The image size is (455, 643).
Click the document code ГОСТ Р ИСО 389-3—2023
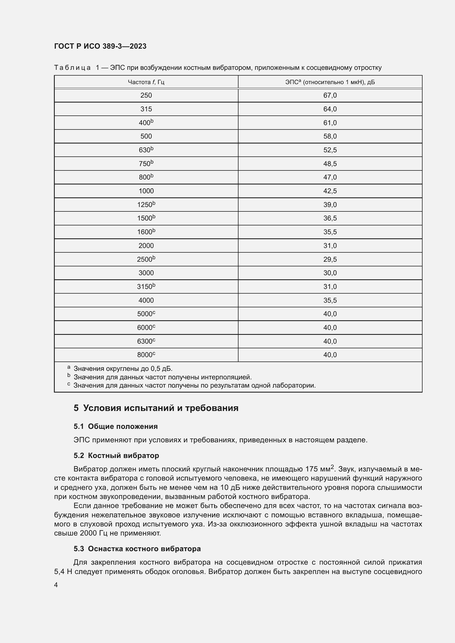point(100,46)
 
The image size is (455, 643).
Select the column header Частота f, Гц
point(146,82)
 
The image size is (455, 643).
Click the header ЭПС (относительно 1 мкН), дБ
point(330,82)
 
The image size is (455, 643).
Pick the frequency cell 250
point(146,95)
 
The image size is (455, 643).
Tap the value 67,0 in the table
point(330,95)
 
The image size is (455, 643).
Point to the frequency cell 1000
point(146,191)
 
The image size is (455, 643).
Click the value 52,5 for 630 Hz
point(330,150)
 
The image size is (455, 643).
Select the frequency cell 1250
point(146,205)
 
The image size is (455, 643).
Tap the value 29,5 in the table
point(330,259)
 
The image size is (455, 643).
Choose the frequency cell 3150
point(146,286)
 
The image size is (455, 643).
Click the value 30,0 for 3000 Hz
point(330,273)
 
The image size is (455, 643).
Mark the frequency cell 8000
point(146,355)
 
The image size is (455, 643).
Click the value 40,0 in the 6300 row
point(330,341)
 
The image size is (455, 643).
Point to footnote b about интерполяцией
point(163,377)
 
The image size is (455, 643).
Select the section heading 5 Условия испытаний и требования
point(156,408)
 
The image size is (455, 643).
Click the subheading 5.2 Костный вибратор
point(116,456)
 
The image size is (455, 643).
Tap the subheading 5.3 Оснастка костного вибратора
point(137,549)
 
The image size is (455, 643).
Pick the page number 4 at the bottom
point(56,585)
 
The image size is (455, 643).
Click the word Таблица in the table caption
point(72,68)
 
